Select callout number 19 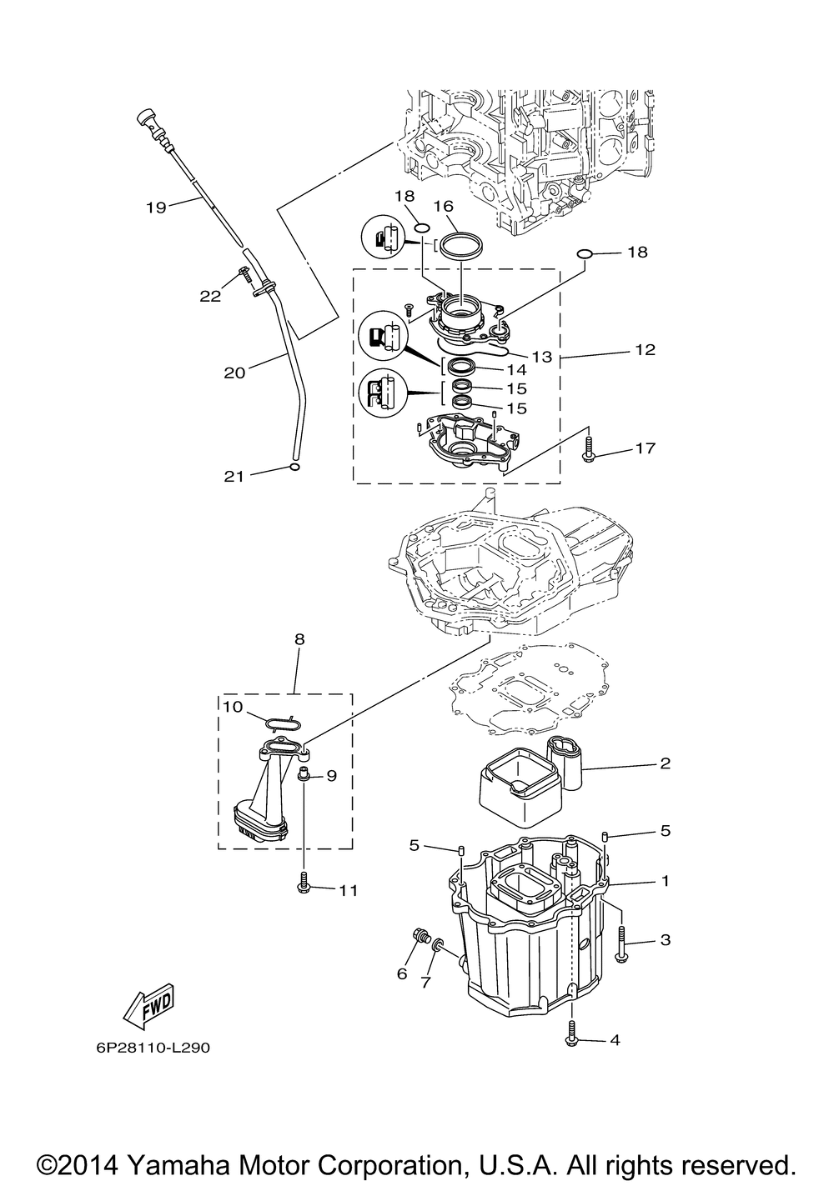click(156, 207)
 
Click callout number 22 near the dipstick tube click(210, 294)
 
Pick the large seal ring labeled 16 click(460, 247)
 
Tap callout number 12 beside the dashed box click(645, 349)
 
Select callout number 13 click(542, 357)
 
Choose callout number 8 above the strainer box click(299, 640)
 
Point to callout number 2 click(665, 763)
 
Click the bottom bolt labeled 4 click(571, 1033)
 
